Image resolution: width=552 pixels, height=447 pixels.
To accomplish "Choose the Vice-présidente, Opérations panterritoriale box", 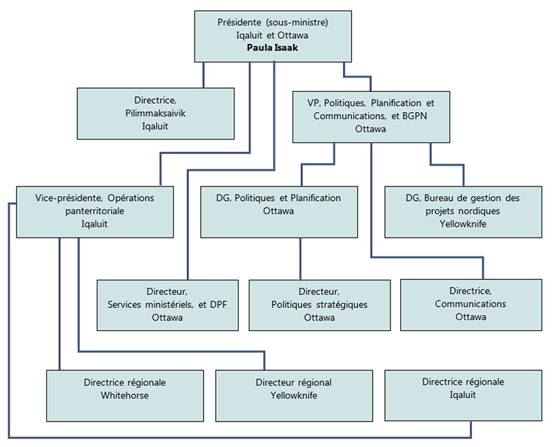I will click(95, 210).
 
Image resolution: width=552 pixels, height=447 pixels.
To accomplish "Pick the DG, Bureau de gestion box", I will click(462, 210).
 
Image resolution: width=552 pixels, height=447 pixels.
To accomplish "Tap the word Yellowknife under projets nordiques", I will click(462, 224).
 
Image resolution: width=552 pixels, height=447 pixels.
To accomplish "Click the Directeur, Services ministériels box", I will click(167, 304).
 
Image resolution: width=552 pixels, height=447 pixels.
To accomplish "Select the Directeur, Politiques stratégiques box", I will click(319, 304).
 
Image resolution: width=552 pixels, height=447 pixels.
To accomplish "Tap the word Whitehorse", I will click(125, 395).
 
